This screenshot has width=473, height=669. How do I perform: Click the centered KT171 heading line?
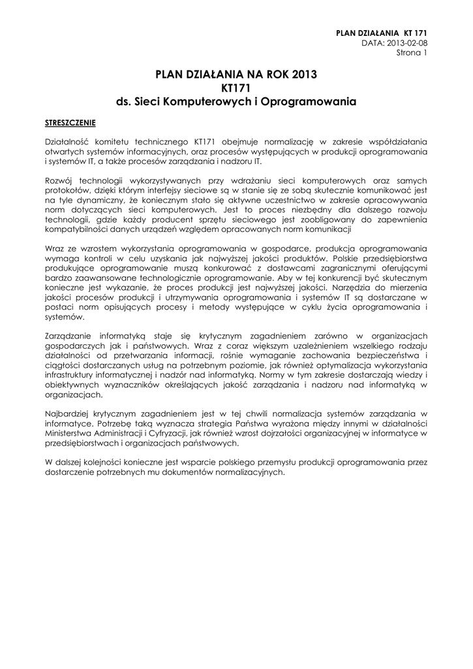coord(236,88)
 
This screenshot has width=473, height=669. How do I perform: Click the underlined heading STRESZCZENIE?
coord(70,122)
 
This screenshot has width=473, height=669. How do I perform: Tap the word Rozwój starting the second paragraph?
coord(59,180)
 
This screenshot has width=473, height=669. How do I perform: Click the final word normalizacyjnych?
coord(252,472)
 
